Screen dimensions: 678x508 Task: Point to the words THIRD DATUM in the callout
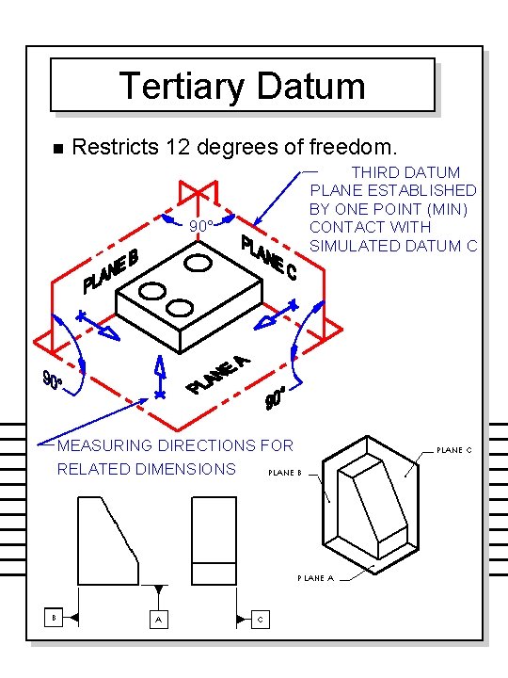405,172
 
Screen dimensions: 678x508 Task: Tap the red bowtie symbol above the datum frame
197,191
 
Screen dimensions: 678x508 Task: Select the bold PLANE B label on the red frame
111,270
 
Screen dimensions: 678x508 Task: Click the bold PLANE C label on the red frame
269,257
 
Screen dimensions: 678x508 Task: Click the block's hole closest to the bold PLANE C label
198,261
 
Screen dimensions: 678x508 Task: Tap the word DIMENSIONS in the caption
190,469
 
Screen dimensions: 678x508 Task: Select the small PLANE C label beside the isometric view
453,450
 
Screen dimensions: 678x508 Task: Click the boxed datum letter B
56,618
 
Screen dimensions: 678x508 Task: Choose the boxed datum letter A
158,619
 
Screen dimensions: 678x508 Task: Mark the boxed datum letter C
262,619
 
